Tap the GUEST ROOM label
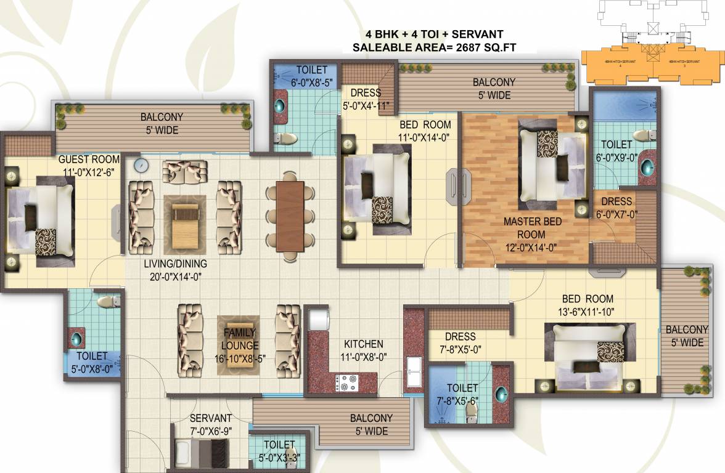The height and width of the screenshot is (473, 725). [89, 159]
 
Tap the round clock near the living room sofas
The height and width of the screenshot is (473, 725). [141, 165]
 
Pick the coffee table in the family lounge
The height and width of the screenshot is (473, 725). [238, 342]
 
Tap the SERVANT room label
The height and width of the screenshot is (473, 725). [210, 418]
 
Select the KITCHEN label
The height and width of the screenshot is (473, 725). [364, 344]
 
